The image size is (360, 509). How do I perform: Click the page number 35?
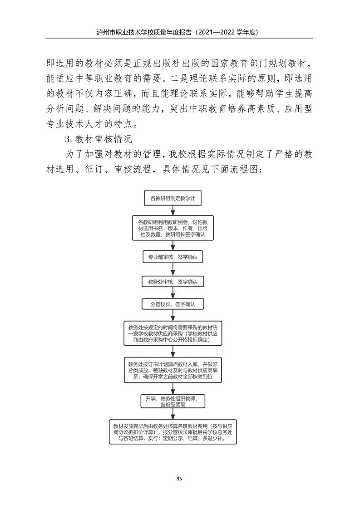[180, 479]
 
